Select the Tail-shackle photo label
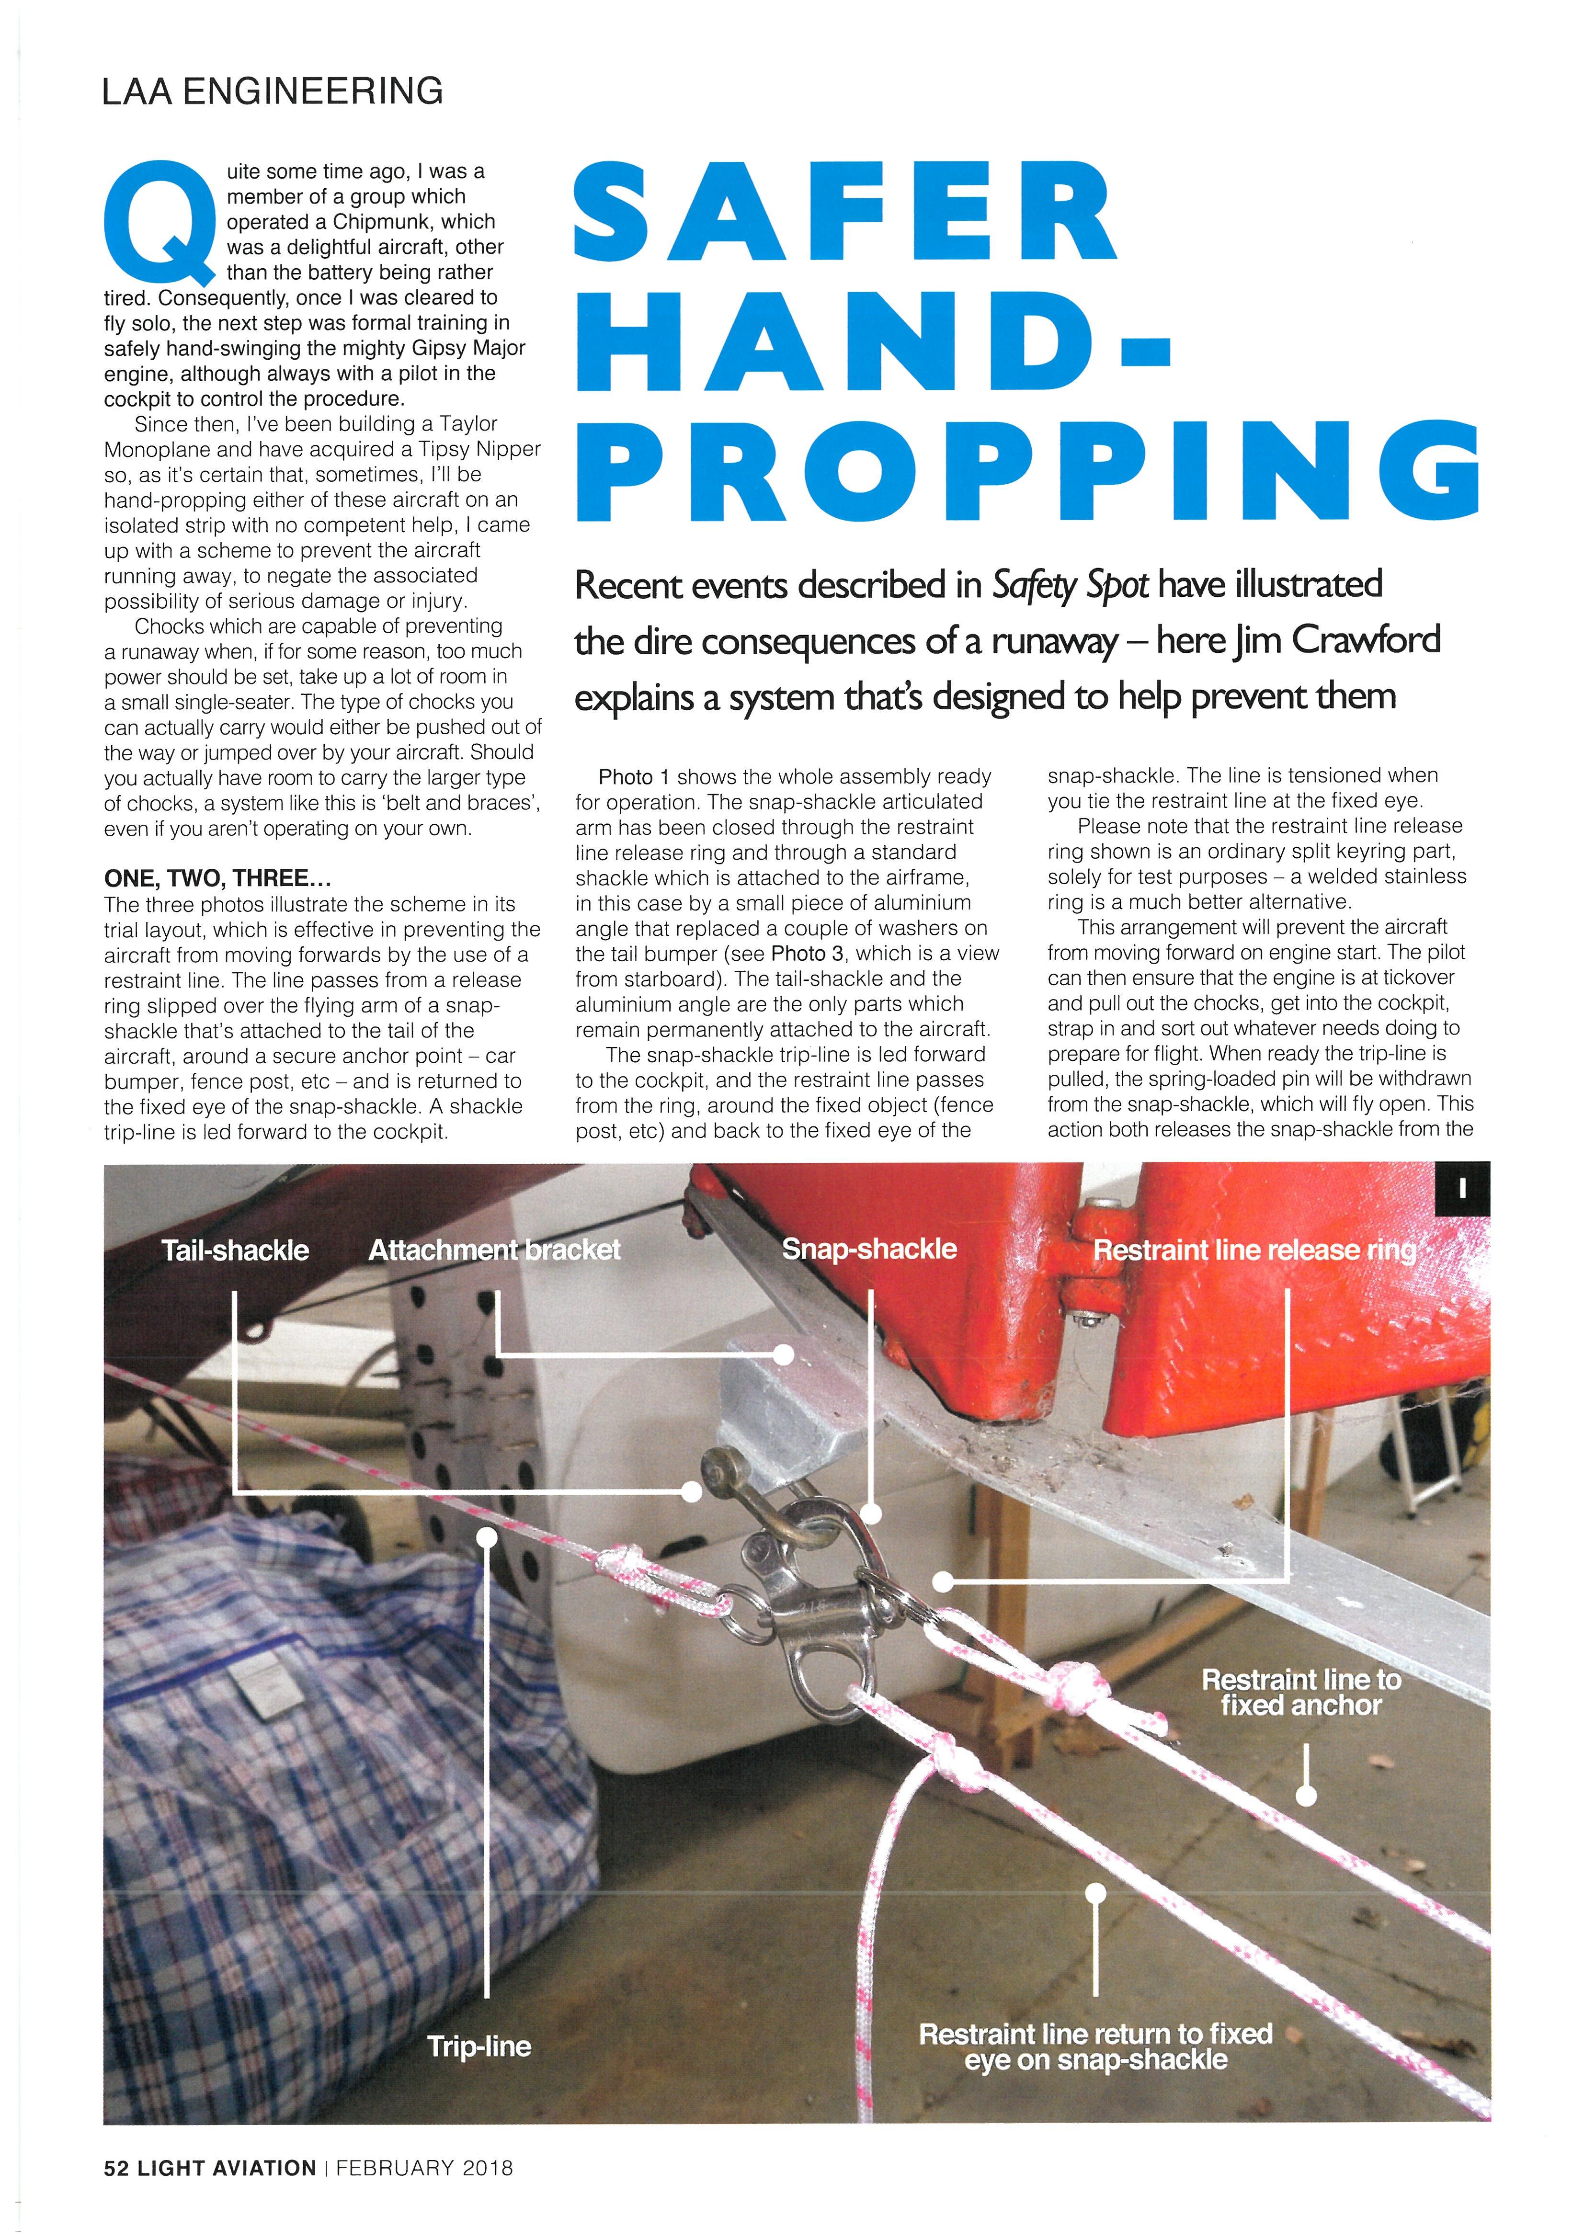[x=235, y=1251]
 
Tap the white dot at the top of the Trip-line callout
[x=487, y=1537]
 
